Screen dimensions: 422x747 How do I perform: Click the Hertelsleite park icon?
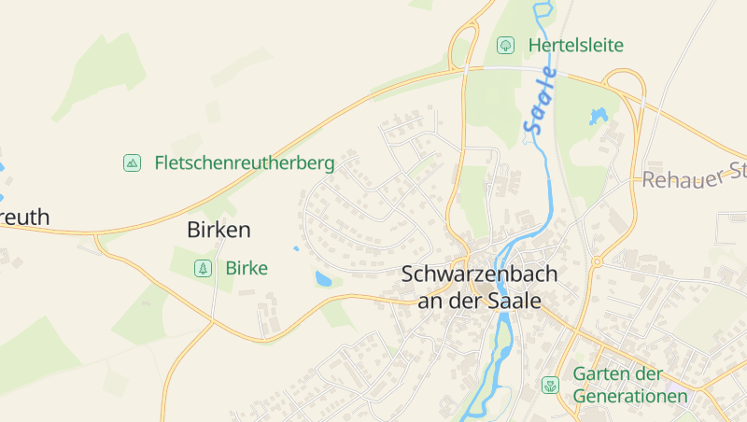click(x=505, y=45)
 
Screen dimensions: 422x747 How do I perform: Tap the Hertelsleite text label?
click(x=575, y=45)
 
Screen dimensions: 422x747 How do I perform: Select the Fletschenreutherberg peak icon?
click(x=132, y=162)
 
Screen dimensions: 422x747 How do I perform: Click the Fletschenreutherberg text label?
click(x=245, y=162)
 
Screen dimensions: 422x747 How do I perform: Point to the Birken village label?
click(x=218, y=229)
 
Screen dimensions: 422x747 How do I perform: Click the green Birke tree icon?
click(x=202, y=268)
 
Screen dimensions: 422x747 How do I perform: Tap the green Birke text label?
click(x=247, y=268)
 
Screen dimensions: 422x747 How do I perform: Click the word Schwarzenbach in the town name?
click(x=479, y=274)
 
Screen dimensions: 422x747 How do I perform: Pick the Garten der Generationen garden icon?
click(x=551, y=384)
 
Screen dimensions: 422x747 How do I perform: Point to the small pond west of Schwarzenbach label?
click(x=323, y=278)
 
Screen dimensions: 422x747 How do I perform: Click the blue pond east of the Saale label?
click(x=598, y=117)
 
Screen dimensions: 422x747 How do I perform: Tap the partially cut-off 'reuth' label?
click(x=24, y=218)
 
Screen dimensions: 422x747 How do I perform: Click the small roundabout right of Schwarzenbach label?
click(x=596, y=262)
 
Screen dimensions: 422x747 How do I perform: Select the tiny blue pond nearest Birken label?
click(x=296, y=248)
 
